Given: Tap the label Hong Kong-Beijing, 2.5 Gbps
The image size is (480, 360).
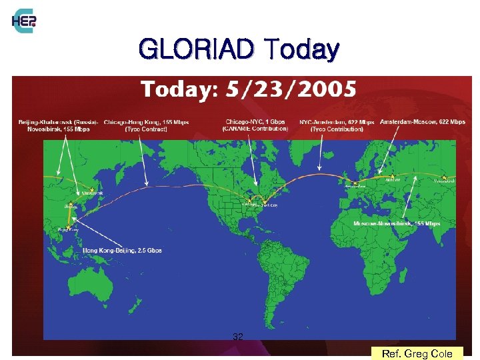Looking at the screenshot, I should (x=122, y=250).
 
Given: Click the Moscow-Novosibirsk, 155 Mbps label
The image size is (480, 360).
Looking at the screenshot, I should (x=397, y=223).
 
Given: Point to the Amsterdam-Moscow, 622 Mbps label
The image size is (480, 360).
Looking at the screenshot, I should (x=422, y=122).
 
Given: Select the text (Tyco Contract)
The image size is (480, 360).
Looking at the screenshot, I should (x=145, y=129).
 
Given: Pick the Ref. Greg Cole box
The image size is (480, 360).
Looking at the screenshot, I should (x=417, y=353).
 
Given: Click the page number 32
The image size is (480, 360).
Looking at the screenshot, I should (x=237, y=337).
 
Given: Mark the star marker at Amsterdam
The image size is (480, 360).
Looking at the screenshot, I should (x=355, y=182).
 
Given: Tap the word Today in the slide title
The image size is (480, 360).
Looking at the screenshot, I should (x=301, y=49).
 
